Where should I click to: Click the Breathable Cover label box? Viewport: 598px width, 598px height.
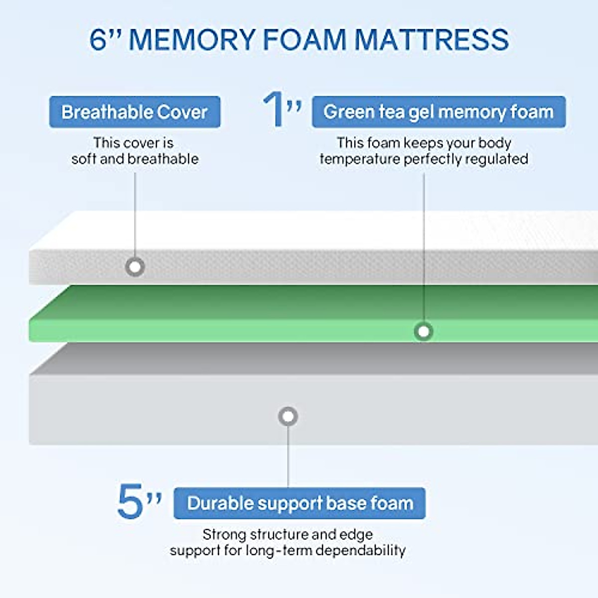(x=135, y=112)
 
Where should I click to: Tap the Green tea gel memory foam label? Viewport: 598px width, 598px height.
(x=439, y=112)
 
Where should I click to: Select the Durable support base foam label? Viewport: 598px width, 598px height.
(x=299, y=503)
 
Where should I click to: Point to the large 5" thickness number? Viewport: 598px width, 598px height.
(x=139, y=501)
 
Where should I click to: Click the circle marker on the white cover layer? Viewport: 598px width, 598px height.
(x=135, y=267)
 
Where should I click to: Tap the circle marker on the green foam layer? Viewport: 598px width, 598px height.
(x=424, y=331)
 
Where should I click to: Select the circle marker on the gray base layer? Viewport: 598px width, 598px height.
(x=288, y=416)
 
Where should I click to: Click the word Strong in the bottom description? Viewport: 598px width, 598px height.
(x=224, y=535)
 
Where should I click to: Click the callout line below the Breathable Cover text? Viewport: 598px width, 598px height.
(x=135, y=214)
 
